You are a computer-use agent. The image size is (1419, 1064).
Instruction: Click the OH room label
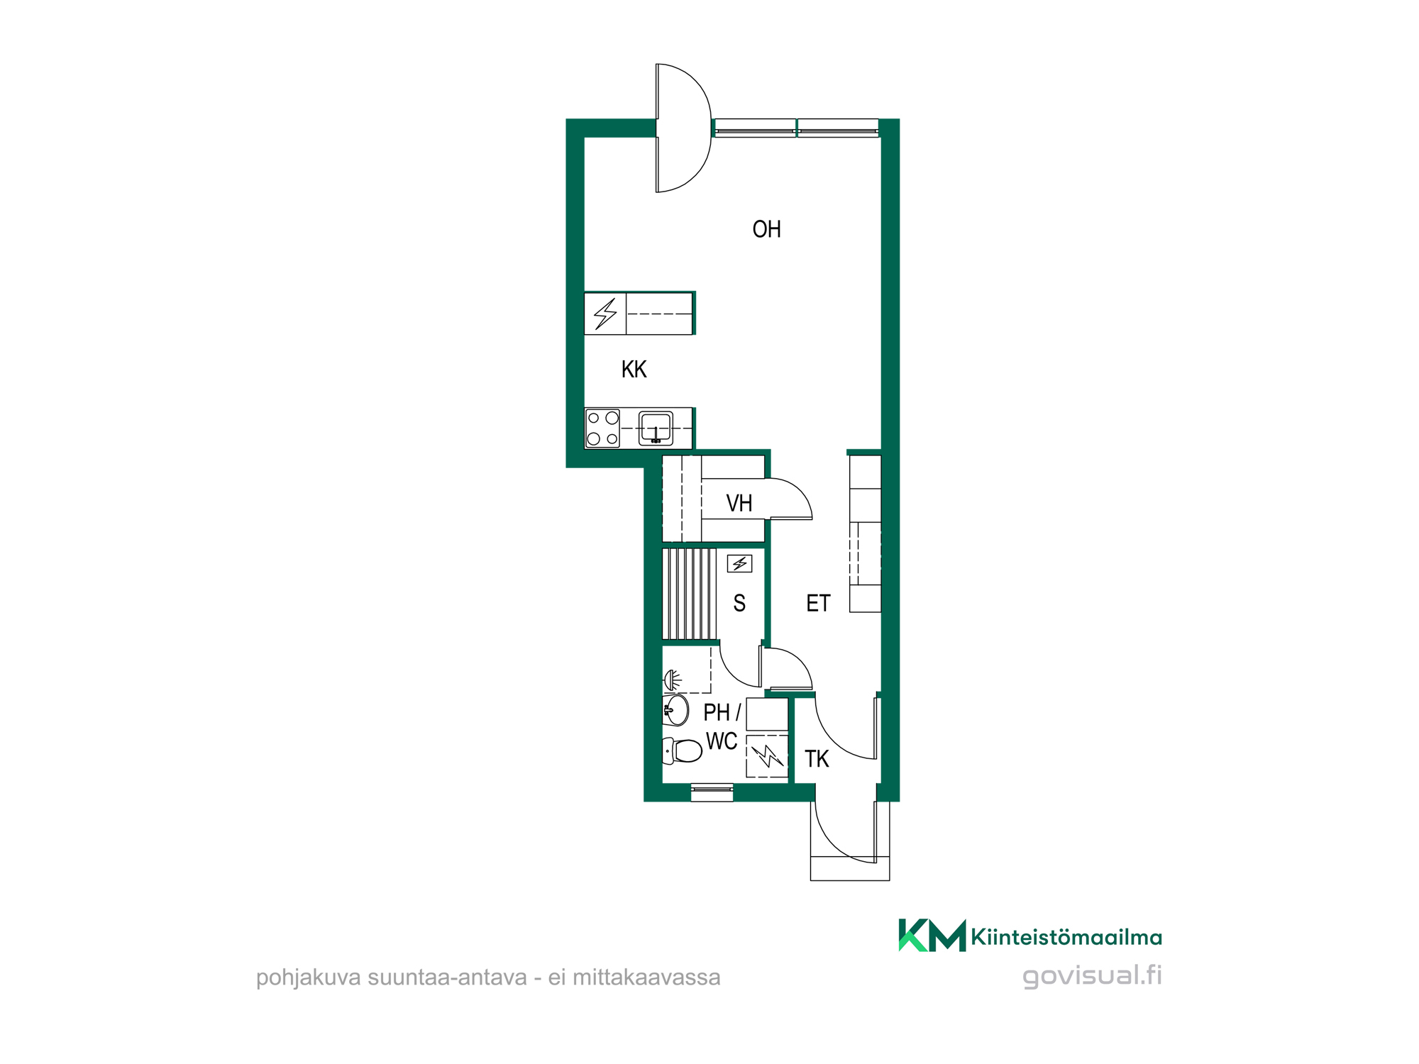[x=766, y=229]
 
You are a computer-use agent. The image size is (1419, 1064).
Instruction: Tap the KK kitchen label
[x=634, y=369]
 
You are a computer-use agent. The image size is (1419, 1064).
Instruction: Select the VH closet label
[x=739, y=503]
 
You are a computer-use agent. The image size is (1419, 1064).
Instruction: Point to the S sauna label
[x=739, y=603]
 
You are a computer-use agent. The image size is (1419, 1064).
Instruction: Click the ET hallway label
[x=818, y=603]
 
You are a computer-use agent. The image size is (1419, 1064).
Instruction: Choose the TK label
[x=817, y=759]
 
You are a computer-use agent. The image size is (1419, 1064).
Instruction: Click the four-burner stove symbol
[x=602, y=428]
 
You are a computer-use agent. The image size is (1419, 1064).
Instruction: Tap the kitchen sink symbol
[x=656, y=428]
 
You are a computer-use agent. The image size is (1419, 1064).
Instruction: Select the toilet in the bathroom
[x=682, y=750]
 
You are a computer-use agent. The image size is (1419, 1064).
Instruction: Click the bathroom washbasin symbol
[x=675, y=710]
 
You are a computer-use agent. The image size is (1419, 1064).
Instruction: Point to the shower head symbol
[x=673, y=681]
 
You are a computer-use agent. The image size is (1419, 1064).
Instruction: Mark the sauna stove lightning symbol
[x=739, y=564]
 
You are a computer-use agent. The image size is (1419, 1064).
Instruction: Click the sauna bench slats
[x=690, y=594]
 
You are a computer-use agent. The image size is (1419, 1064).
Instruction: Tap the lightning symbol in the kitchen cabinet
[x=605, y=314]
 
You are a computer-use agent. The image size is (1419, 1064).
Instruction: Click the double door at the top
[x=683, y=128]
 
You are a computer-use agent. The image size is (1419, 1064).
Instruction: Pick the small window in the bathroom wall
[x=712, y=792]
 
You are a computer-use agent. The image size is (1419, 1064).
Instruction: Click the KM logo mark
[x=932, y=936]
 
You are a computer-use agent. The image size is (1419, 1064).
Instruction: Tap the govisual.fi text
[x=1092, y=975]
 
